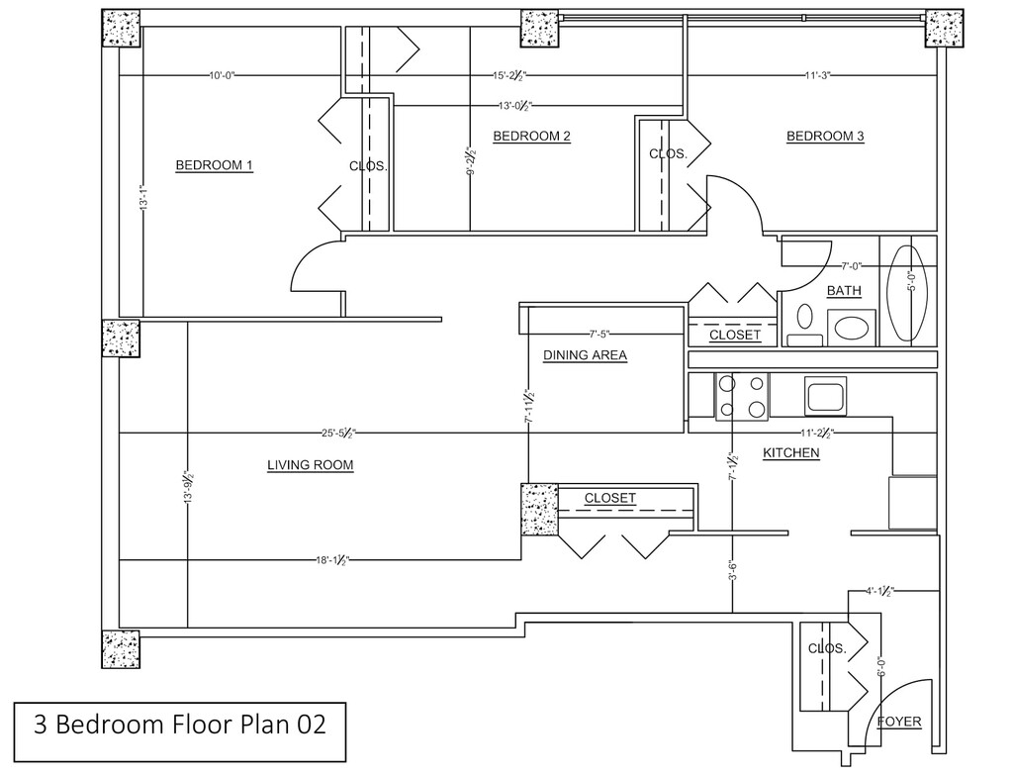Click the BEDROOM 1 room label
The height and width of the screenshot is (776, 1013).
click(x=214, y=165)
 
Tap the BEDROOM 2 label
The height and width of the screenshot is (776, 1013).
click(x=531, y=136)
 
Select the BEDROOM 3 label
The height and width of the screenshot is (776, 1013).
click(x=825, y=136)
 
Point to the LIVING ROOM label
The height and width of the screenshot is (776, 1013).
click(x=310, y=465)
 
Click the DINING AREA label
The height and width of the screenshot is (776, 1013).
click(x=585, y=355)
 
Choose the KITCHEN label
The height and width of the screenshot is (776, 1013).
click(x=791, y=452)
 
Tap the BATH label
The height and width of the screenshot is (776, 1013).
click(x=845, y=291)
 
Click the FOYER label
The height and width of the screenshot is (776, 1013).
click(x=899, y=722)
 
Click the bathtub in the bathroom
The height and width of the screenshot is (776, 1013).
click(x=911, y=293)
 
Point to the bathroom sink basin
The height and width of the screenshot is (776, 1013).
click(x=852, y=328)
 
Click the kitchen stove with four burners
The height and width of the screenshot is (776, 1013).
click(x=742, y=396)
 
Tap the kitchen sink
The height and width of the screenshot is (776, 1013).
click(x=825, y=396)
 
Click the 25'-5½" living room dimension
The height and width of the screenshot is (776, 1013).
click(x=338, y=433)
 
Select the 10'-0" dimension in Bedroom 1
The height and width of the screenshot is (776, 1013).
click(x=222, y=75)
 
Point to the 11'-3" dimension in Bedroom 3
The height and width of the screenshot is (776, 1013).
click(x=817, y=75)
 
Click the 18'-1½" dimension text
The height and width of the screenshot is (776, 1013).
click(x=332, y=560)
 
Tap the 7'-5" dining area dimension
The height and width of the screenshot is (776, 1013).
click(x=599, y=335)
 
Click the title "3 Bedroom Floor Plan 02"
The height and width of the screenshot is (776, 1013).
click(x=180, y=725)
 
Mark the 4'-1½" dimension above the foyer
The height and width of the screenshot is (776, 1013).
click(x=879, y=591)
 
